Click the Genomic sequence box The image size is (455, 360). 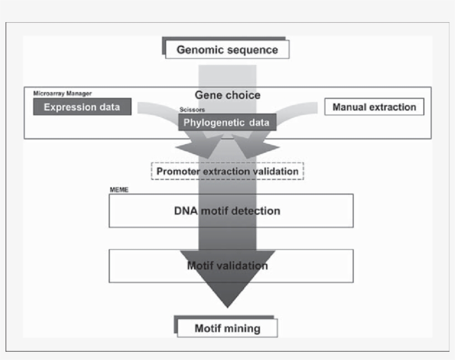pyautogui.click(x=227, y=50)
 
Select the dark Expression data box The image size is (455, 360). pyautogui.click(x=82, y=107)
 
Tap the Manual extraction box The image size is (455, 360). pyautogui.click(x=374, y=107)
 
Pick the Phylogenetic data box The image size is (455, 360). pyautogui.click(x=227, y=123)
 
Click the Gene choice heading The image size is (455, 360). pyautogui.click(x=227, y=95)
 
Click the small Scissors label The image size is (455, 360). pyautogui.click(x=192, y=110)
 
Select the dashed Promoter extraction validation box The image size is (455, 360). pyautogui.click(x=228, y=171)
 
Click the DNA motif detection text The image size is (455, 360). pyautogui.click(x=228, y=211)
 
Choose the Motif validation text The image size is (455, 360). pyautogui.click(x=228, y=266)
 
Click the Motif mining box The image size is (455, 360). pyautogui.click(x=227, y=328)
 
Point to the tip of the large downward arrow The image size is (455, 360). pyautogui.click(x=227, y=306)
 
